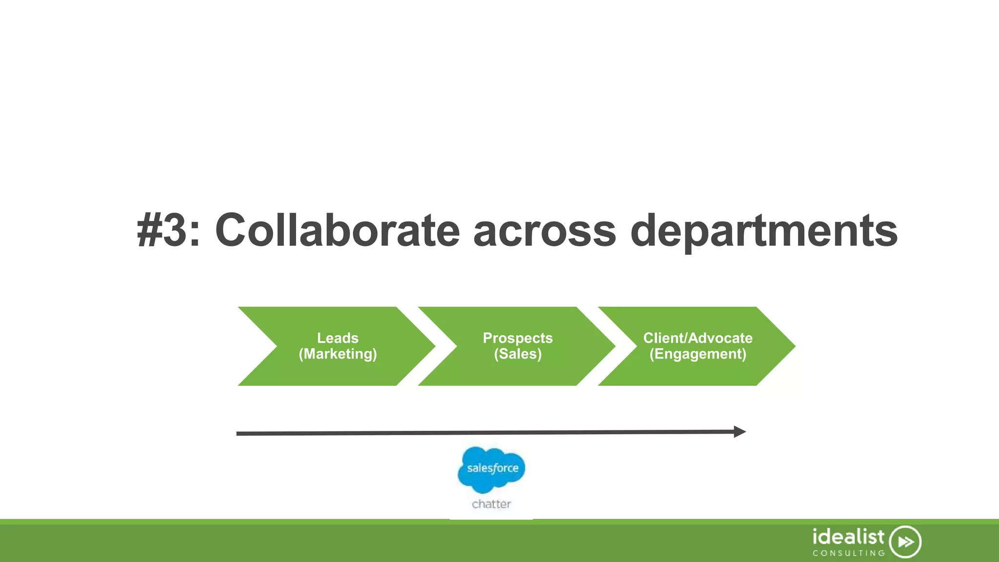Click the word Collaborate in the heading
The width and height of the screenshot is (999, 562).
(337, 230)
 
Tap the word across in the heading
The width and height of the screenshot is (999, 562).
(544, 230)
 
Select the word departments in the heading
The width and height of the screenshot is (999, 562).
(763, 230)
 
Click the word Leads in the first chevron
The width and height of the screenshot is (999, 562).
(338, 338)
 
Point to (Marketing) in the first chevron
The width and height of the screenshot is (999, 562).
(338, 354)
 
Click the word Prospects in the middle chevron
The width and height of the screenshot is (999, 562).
(518, 338)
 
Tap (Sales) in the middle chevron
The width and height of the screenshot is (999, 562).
(518, 354)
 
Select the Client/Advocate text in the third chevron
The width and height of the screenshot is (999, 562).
(698, 338)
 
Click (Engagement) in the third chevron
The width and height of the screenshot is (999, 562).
(698, 354)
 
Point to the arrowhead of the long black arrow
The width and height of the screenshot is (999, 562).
(740, 432)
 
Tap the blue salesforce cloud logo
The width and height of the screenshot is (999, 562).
(491, 469)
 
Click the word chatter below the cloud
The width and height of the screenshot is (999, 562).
(491, 504)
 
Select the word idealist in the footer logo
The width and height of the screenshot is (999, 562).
(848, 537)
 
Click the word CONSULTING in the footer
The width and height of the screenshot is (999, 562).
(849, 553)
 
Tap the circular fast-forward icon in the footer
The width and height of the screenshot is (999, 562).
(905, 542)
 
